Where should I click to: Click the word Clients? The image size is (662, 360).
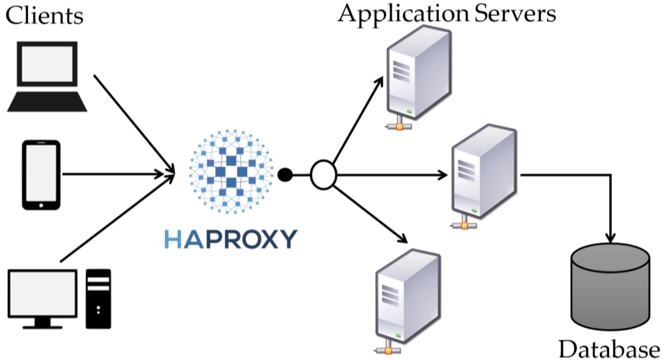[x=45, y=15]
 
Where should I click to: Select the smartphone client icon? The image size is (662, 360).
[x=42, y=175]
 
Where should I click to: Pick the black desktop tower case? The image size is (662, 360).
[x=98, y=298]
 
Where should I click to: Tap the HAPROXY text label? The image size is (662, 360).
[x=231, y=238]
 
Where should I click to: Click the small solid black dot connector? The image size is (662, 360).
[x=285, y=175]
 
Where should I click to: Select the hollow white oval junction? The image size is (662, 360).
[x=323, y=175]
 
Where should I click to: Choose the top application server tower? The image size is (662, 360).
[x=415, y=77]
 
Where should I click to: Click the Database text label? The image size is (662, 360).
[x=609, y=347]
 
